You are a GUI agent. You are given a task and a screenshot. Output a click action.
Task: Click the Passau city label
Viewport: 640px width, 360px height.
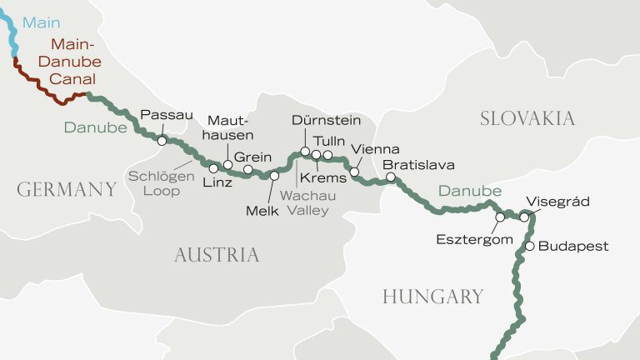click(167, 115)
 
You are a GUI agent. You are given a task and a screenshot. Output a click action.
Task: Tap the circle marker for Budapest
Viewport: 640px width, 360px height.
click(529, 246)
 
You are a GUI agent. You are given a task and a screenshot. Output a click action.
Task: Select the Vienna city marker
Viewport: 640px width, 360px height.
click(354, 172)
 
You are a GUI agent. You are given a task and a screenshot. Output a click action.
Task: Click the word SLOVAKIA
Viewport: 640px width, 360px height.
click(527, 118)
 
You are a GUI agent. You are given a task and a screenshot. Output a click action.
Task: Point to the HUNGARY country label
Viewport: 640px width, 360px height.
click(432, 296)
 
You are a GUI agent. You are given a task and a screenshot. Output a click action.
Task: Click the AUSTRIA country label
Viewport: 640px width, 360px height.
click(217, 255)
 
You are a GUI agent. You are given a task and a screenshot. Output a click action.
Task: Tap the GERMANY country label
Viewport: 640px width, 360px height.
click(67, 190)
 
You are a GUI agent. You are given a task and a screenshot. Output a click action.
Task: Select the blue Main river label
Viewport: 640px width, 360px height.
click(41, 22)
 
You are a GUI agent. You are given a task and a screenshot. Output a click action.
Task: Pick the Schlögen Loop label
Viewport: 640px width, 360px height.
click(160, 182)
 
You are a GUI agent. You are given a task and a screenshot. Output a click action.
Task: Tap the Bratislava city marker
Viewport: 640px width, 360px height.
click(391, 177)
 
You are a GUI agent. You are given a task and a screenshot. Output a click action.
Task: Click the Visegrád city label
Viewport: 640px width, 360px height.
click(557, 202)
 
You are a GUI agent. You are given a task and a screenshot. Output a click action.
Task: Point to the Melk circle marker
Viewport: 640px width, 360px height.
click(274, 176)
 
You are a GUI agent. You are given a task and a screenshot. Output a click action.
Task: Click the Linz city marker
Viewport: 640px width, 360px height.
click(213, 168)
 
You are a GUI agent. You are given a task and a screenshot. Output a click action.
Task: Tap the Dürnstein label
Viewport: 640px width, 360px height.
click(327, 121)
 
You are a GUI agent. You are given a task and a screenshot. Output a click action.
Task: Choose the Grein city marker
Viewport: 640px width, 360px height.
click(247, 170)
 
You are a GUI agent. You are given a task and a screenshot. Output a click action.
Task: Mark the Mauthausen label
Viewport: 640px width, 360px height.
click(231, 127)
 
